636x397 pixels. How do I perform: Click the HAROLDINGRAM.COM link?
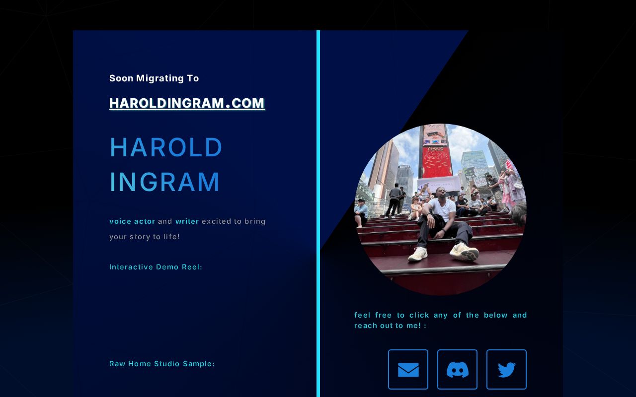click(187, 103)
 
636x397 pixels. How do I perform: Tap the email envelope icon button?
click(408, 370)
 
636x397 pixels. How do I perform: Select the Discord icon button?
click(457, 370)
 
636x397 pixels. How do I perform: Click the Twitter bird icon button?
click(506, 370)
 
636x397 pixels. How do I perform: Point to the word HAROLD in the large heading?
click(166, 147)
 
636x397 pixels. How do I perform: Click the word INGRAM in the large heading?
click(164, 182)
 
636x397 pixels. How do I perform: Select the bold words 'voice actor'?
click(132, 221)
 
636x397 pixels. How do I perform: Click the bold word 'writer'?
click(187, 221)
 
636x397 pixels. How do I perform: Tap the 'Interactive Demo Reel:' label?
click(156, 267)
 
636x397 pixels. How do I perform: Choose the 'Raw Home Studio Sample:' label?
click(162, 364)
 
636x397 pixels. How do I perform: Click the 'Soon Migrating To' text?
click(154, 78)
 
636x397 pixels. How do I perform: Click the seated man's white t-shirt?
click(442, 208)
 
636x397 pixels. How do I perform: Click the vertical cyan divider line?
click(318, 213)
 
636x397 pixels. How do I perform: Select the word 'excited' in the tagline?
click(215, 221)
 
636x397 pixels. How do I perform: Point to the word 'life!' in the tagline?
click(171, 237)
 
